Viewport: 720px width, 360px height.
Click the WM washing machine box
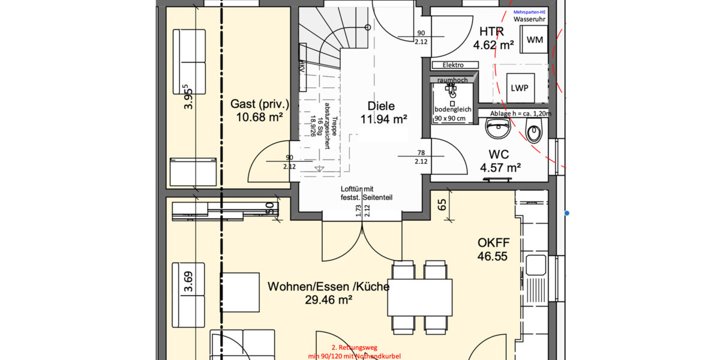pyautogui.click(x=535, y=40)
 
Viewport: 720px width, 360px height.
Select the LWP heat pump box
pyautogui.click(x=520, y=88)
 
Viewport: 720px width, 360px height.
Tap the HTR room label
pyautogui.click(x=491, y=32)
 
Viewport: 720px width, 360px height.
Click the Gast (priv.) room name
pyautogui.click(x=259, y=104)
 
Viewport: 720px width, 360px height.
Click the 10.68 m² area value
pyautogui.click(x=259, y=118)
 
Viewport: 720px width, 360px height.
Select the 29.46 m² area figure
pyautogui.click(x=328, y=300)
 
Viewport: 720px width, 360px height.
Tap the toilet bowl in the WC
pyautogui.click(x=532, y=130)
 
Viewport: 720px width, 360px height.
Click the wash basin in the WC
pyautogui.click(x=497, y=128)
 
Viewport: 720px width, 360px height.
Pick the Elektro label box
pyautogui.click(x=453, y=65)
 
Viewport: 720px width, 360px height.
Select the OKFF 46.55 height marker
pyautogui.click(x=493, y=250)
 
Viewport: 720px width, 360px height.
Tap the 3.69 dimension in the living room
pyautogui.click(x=188, y=281)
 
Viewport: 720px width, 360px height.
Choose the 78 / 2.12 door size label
pyautogui.click(x=421, y=157)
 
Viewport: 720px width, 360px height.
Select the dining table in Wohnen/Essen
pyautogui.click(x=420, y=297)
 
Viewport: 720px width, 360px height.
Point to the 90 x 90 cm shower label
pyautogui.click(x=451, y=118)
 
